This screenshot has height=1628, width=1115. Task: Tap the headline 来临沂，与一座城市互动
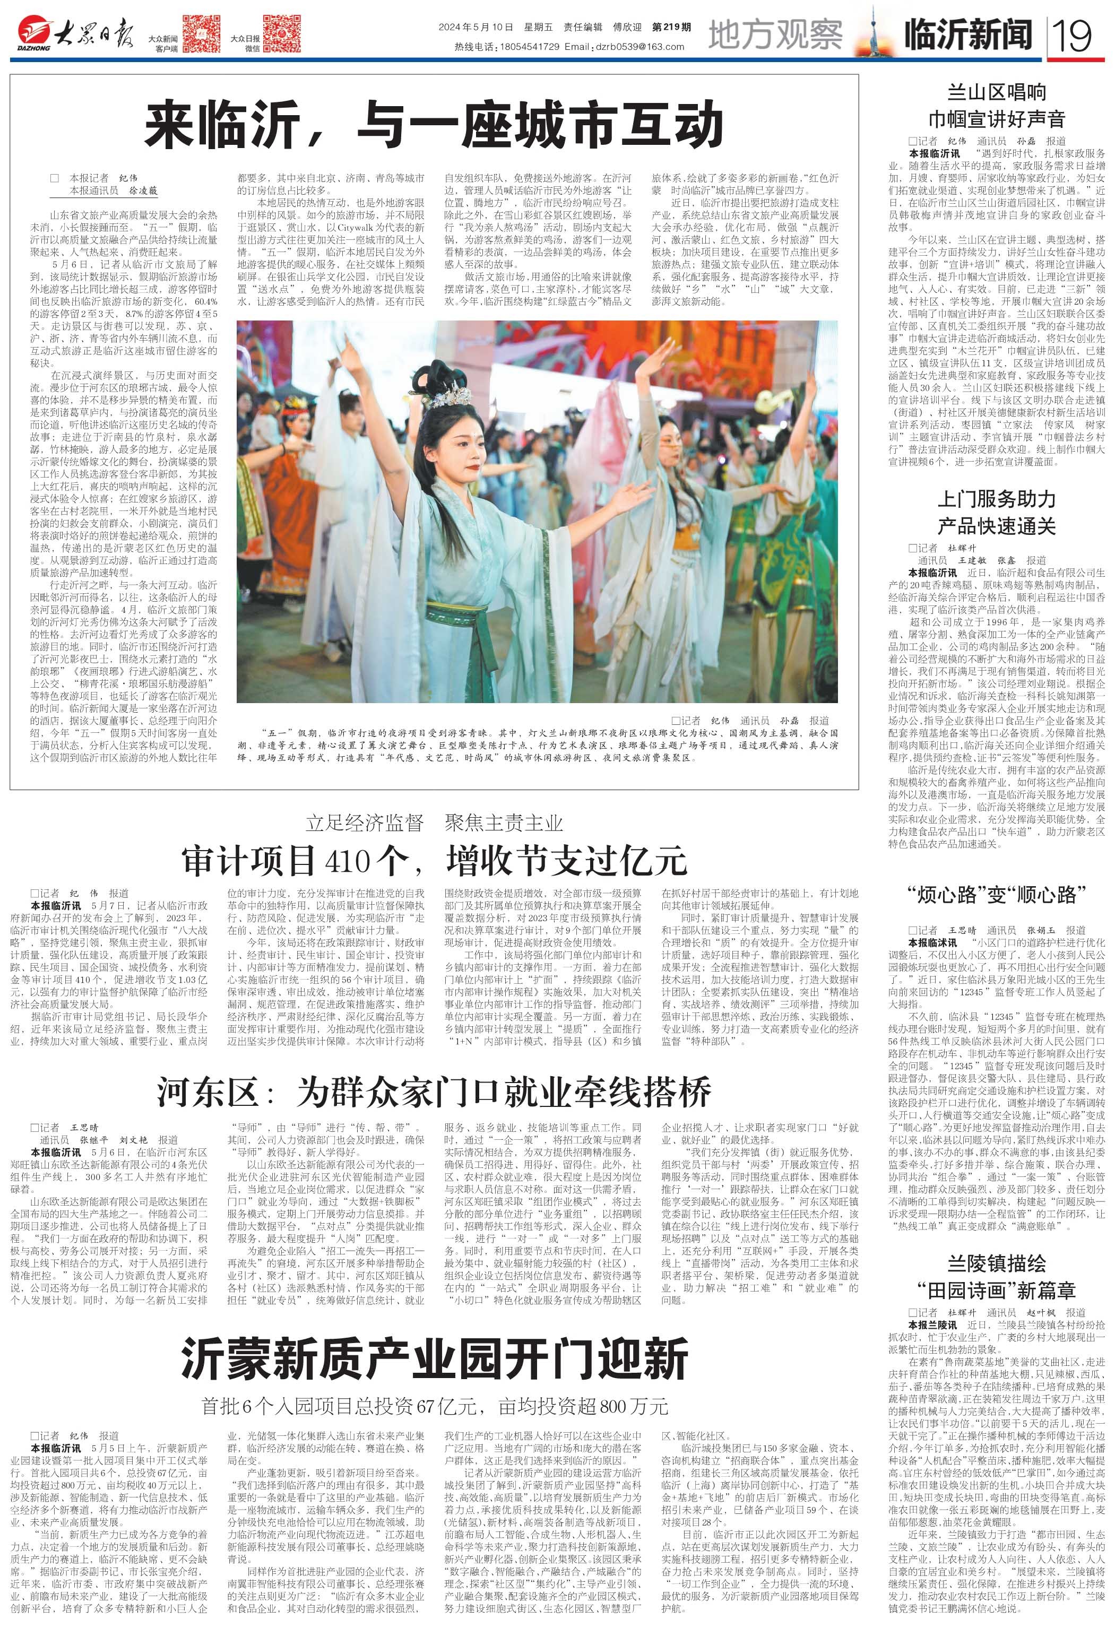coord(434,123)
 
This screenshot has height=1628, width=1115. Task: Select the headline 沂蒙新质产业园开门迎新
coord(434,1358)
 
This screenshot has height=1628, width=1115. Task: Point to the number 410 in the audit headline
coord(350,861)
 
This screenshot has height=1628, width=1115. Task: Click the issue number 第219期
coord(671,27)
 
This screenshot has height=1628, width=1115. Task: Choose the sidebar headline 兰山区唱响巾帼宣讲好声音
coord(996,105)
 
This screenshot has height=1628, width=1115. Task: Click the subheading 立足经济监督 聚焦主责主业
coord(434,822)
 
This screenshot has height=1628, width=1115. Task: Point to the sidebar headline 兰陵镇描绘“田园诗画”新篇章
coord(996,1276)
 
